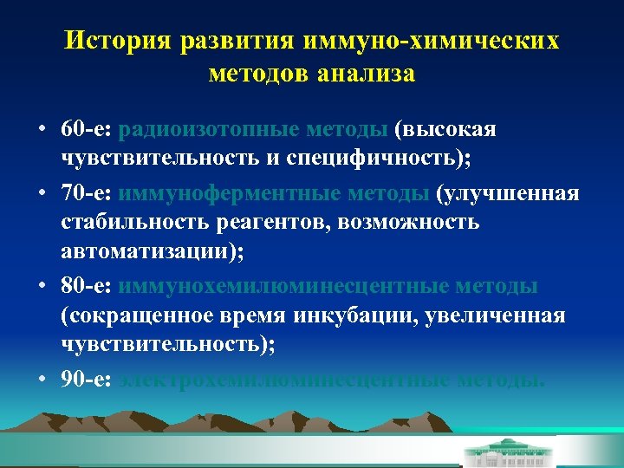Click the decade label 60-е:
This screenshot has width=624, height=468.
[88, 129]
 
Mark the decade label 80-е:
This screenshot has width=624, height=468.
[88, 286]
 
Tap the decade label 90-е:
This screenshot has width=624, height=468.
[88, 380]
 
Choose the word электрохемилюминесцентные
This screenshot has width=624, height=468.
[286, 380]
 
